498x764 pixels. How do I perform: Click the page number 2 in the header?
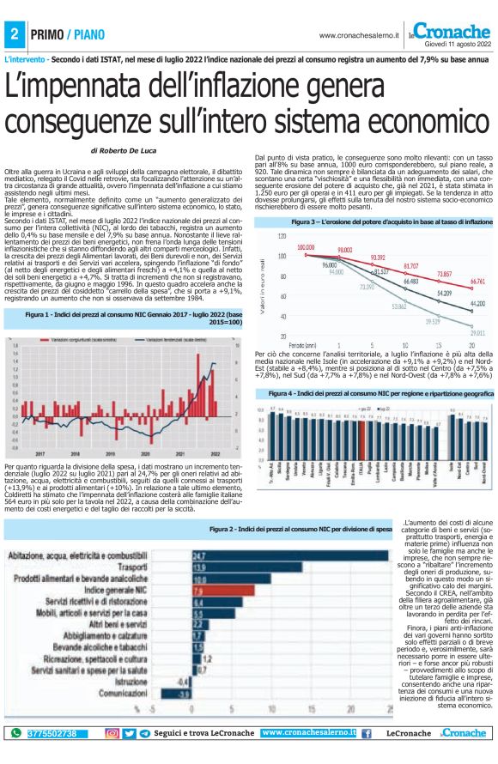point(15,35)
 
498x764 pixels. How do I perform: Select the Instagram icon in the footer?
point(112,734)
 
